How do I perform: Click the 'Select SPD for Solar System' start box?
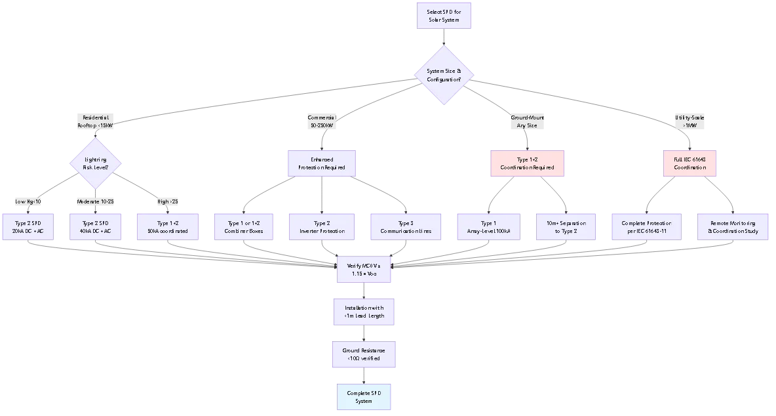(444, 16)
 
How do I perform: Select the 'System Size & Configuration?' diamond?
(444, 75)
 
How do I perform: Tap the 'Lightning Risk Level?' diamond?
(96, 163)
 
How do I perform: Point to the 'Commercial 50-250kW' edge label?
(322, 121)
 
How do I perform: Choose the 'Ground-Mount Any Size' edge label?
(527, 121)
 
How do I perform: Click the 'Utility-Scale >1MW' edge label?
(689, 121)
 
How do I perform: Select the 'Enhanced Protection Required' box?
(322, 163)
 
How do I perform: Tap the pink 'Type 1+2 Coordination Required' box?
(527, 163)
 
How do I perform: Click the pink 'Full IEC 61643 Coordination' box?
(689, 163)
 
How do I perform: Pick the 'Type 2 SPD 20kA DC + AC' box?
(29, 227)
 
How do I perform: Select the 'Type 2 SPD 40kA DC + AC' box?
(96, 227)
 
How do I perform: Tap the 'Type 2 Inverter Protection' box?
(322, 227)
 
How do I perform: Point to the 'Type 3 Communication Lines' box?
(401, 227)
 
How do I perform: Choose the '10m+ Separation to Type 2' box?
(566, 227)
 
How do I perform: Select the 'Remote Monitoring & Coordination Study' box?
(733, 227)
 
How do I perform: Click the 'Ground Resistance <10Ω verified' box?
(364, 354)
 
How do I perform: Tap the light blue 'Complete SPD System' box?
(364, 397)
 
